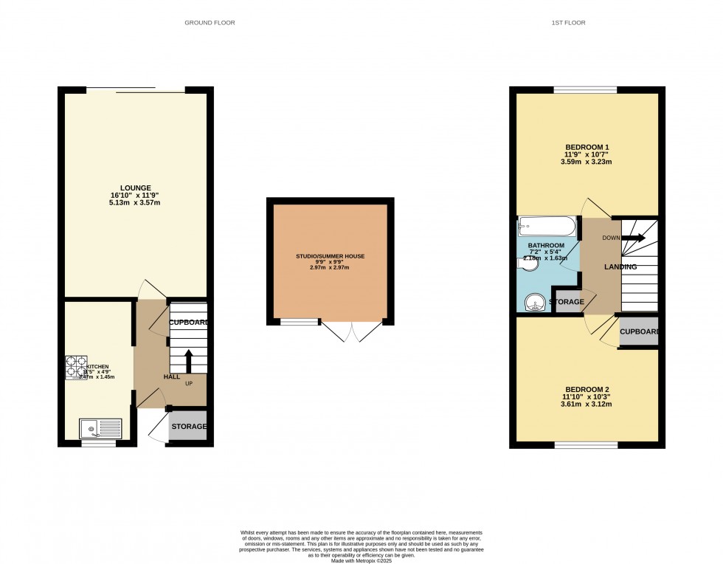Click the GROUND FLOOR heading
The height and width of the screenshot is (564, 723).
coord(210,23)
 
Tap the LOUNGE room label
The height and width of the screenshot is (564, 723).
coord(136,188)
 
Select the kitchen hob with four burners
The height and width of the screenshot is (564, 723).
coord(76,367)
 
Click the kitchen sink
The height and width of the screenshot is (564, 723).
coord(101,428)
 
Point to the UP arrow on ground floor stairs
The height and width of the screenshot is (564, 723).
coord(188,361)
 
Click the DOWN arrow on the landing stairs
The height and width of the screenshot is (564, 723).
coord(633,238)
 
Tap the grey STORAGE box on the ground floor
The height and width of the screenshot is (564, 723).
coord(189,427)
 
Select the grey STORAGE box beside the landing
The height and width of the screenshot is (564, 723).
coord(568,302)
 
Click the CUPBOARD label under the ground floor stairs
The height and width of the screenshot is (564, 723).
coord(189,323)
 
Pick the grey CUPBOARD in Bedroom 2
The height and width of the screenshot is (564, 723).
coord(638,331)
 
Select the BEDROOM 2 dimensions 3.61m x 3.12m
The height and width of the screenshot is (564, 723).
coord(587,405)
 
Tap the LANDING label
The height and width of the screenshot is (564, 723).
coord(620,266)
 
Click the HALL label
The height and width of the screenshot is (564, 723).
coord(171,376)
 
